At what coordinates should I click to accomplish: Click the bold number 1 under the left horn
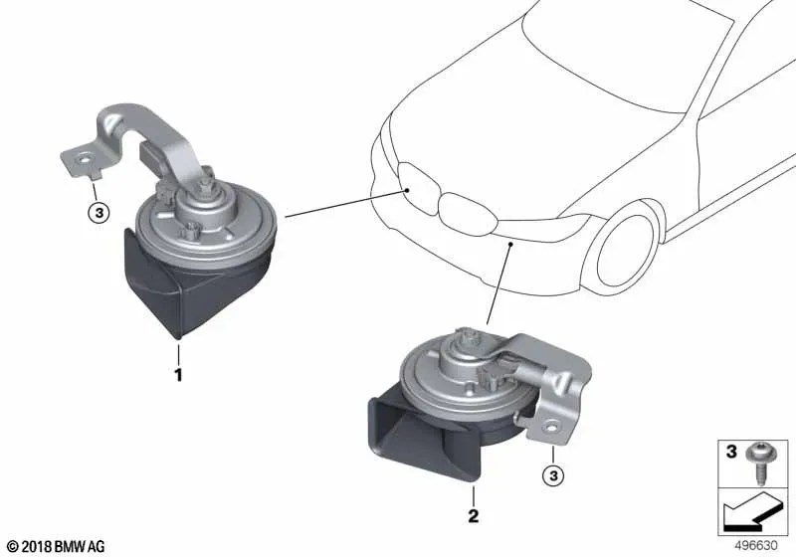point(178,375)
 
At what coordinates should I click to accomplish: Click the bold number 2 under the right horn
point(474,516)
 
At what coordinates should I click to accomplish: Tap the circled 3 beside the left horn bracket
point(99,213)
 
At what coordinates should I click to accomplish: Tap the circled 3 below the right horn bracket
point(553,475)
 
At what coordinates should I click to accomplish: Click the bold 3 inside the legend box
point(731,451)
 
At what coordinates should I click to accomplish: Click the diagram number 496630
point(756,545)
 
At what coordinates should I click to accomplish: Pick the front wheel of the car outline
point(626,250)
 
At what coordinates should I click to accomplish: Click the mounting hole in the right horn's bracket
point(551,427)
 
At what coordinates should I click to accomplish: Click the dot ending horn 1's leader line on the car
point(407,190)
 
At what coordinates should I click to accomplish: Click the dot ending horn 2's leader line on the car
point(510,245)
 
